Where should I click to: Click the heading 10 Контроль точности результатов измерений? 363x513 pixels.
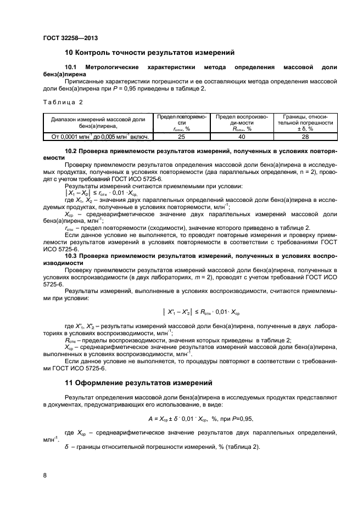[x=150, y=53]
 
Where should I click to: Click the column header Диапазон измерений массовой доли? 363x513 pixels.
[x=97, y=123]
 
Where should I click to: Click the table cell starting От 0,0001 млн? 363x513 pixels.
[x=97, y=137]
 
